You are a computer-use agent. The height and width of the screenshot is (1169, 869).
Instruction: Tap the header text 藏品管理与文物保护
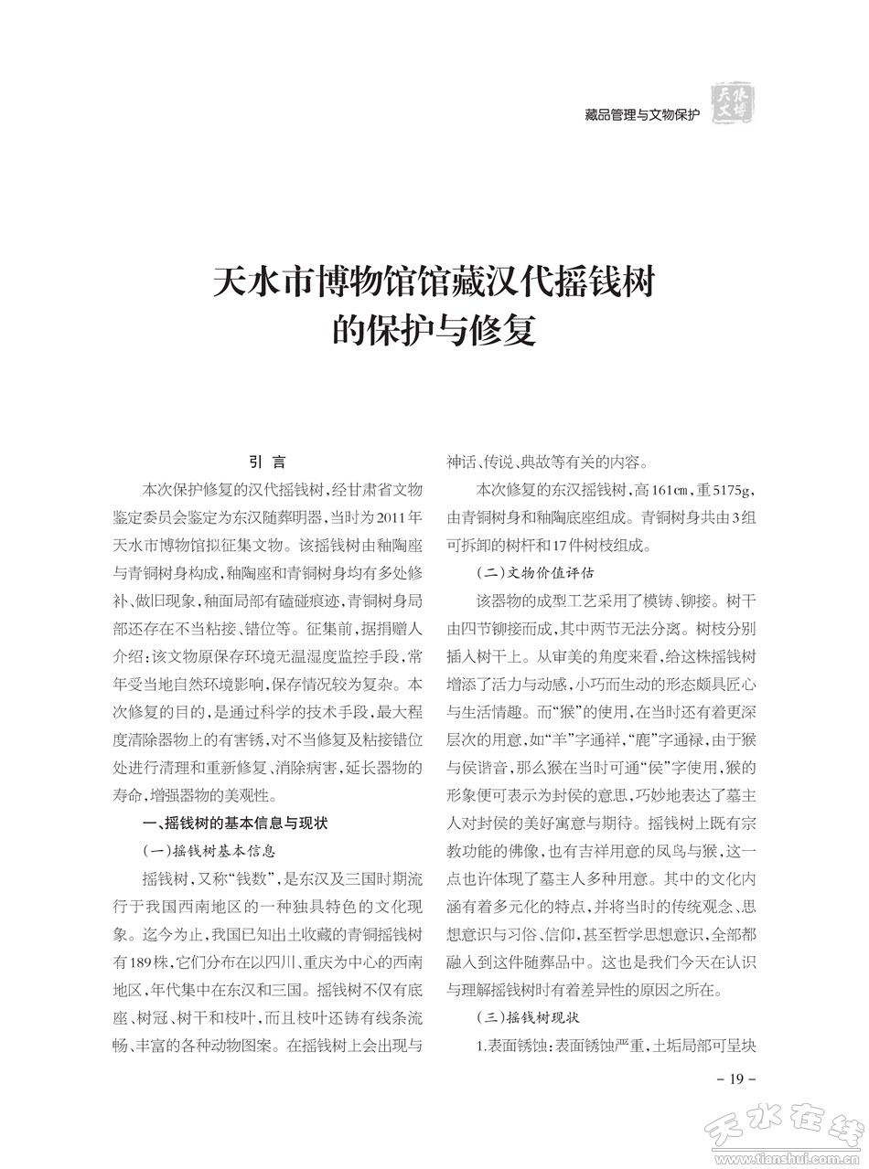pyautogui.click(x=641, y=115)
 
